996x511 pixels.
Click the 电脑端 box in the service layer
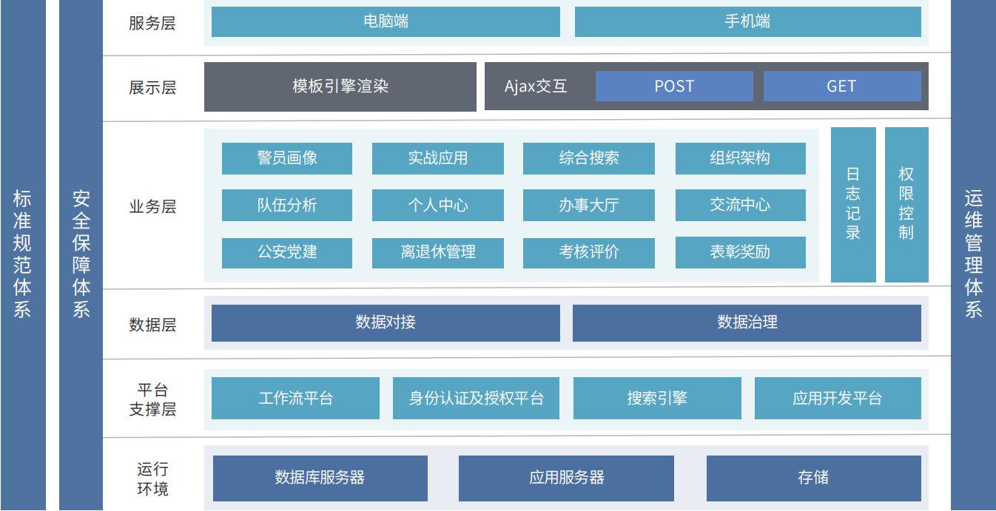point(386,21)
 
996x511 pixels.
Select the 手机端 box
point(747,21)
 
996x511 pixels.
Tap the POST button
point(674,87)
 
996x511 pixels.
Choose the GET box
point(841,87)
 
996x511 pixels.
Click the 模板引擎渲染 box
point(340,87)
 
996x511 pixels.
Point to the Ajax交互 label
point(536,87)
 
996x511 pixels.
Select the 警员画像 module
point(287,158)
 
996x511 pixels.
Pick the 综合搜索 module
point(588,158)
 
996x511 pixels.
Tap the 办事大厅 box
point(588,206)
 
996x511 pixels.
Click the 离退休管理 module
point(437,252)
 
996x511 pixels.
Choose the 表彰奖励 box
point(740,252)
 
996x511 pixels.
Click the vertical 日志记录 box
point(853,204)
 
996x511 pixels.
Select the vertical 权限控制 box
point(906,204)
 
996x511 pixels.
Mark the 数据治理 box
point(747,322)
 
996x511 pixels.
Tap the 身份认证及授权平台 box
point(476,399)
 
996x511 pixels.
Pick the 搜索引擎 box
point(657,399)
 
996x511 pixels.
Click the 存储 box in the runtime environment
point(813,478)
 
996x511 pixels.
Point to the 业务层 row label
point(152,206)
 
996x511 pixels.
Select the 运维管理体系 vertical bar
point(973,255)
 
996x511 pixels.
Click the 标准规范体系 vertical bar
point(22,255)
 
